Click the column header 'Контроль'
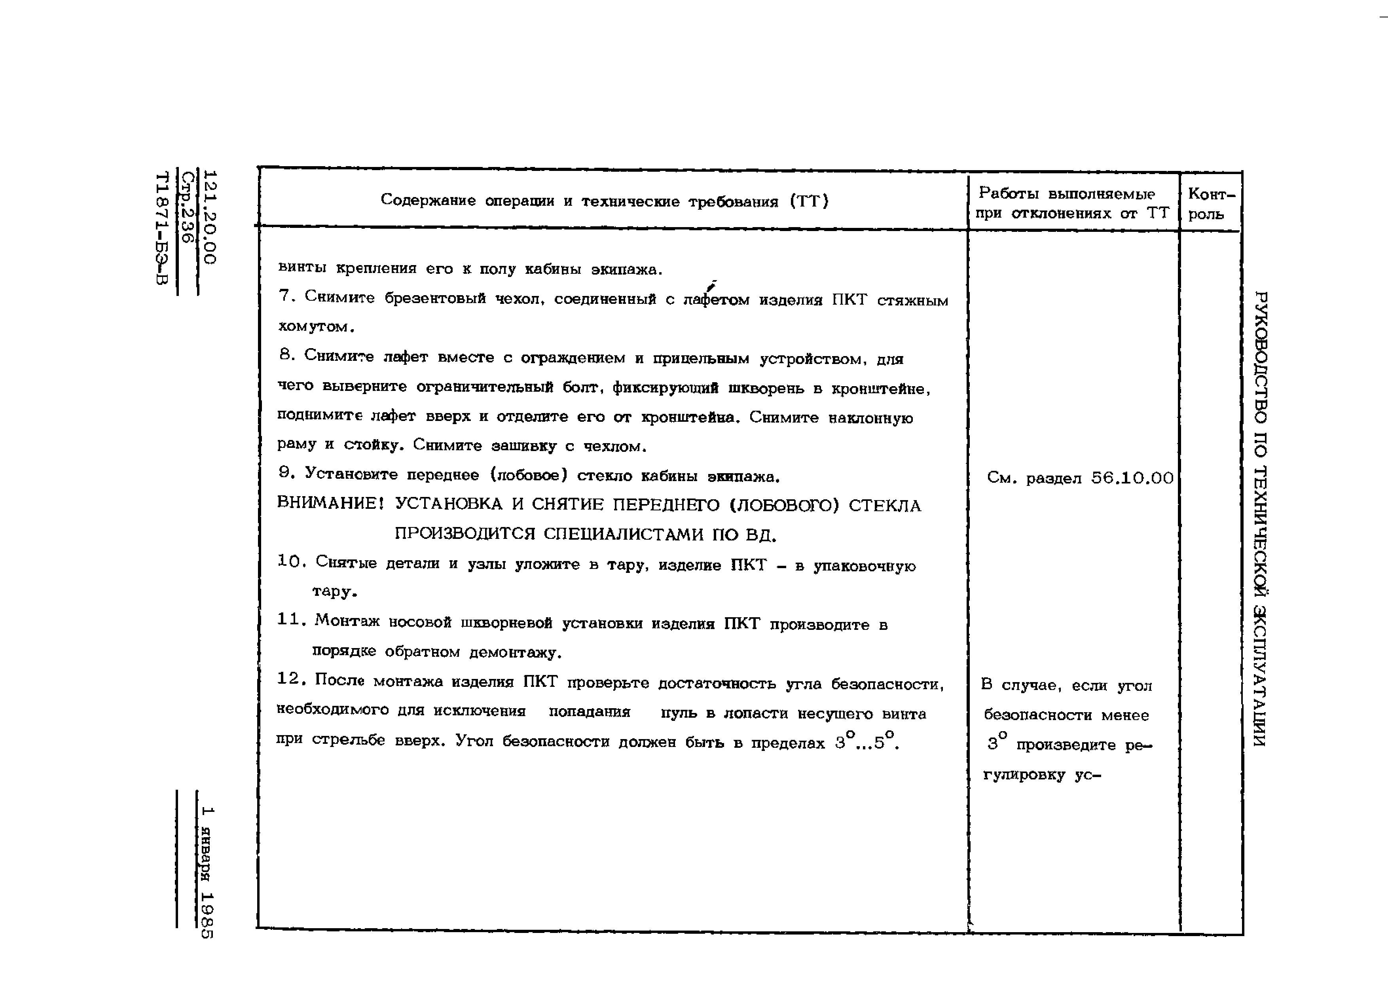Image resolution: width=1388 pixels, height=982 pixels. pos(1211,203)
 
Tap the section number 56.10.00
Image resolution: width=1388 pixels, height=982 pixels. pos(1132,478)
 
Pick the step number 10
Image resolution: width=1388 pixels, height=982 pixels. pos(290,562)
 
